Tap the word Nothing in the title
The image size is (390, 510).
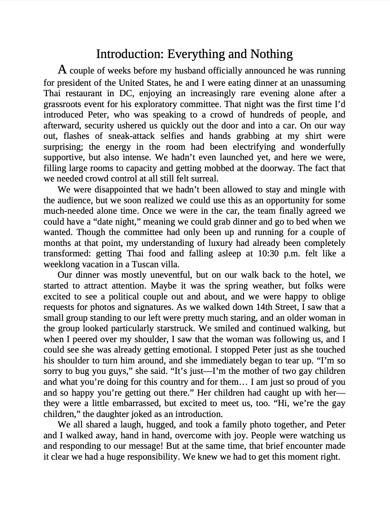tap(271, 54)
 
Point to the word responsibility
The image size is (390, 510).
tap(148, 456)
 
